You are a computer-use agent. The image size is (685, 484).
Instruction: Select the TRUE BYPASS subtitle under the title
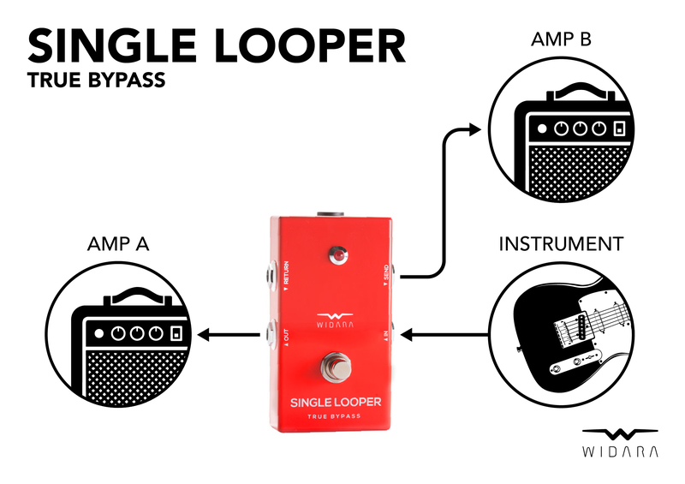coord(95,82)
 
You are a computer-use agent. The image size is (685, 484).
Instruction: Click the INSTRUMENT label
coord(561,244)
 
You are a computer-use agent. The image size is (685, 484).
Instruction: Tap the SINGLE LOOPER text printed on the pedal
coord(335,402)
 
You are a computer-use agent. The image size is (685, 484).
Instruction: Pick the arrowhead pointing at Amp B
coord(474,129)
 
